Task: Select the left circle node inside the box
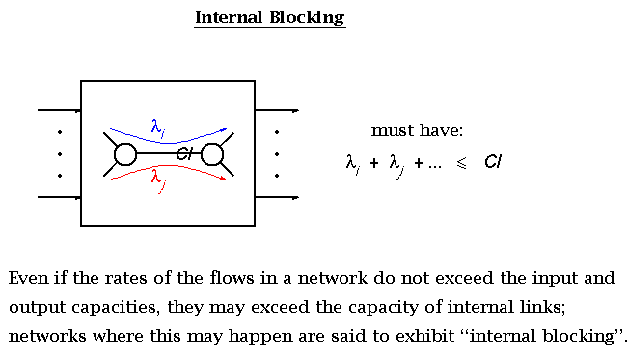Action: (124, 154)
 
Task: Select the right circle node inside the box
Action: (213, 154)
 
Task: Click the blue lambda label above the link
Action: (158, 125)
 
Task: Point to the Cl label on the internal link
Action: (186, 153)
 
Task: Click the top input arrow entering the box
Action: (58, 111)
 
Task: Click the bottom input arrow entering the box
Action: (58, 198)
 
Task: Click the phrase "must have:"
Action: (418, 130)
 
